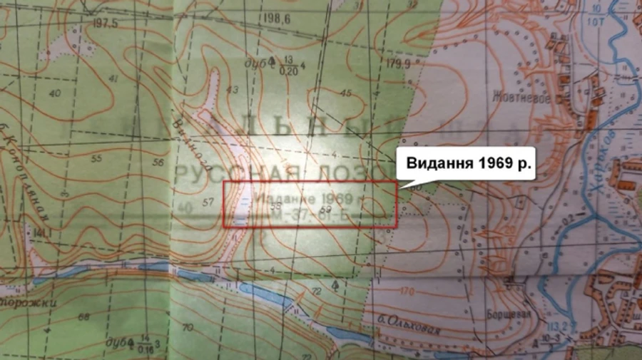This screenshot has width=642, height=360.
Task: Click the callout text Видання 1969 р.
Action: coord(470,163)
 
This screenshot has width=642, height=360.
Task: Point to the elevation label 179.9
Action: coord(399,63)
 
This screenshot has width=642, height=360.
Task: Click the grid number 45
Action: coord(347,93)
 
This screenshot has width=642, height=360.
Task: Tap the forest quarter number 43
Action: coord(230,89)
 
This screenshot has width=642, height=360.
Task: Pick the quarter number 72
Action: coord(315,292)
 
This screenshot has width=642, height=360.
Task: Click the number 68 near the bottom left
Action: coord(83,317)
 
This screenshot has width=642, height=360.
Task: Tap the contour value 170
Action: coord(407,291)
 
